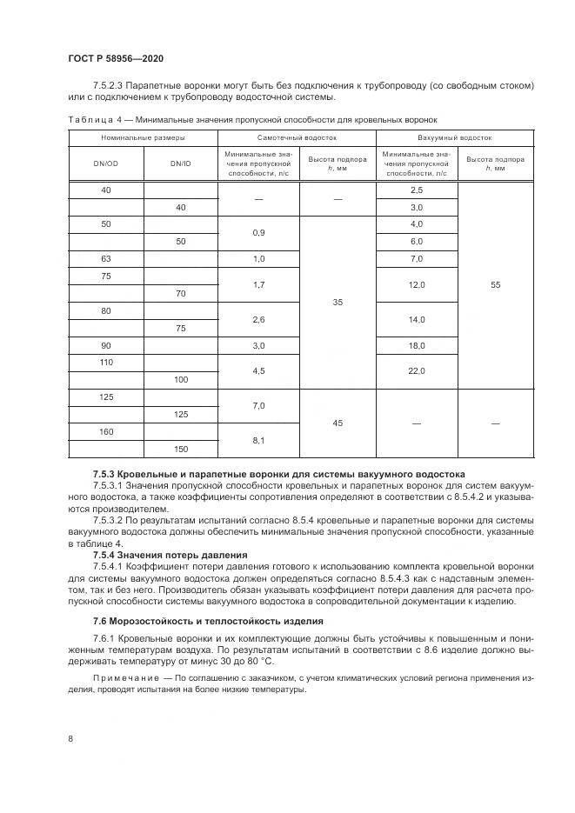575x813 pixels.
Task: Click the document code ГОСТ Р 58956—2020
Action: coord(115,58)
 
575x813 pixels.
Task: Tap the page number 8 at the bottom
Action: coord(70,738)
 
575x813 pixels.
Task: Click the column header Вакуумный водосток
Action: coord(454,137)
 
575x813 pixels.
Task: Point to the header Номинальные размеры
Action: coord(143,137)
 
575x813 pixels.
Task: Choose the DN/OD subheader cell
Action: coord(105,163)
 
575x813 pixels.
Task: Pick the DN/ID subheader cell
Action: coord(181,163)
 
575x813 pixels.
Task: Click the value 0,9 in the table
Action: coord(258,233)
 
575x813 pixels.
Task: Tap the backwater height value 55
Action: coord(496,285)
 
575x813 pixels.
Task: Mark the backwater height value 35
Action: coord(338,303)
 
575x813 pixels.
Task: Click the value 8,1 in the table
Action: coord(258,441)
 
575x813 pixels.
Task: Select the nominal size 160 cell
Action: coord(105,432)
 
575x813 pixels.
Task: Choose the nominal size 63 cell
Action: coord(105,259)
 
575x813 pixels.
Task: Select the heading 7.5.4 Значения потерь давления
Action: coord(170,555)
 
